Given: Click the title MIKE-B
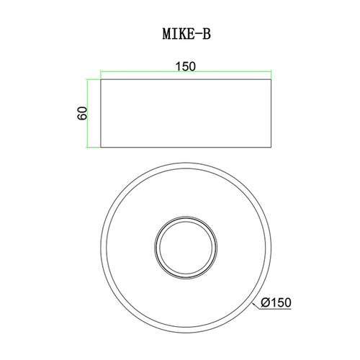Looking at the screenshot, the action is click(186, 34).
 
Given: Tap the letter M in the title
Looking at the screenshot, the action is click(167, 34).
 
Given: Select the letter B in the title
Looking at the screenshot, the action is click(207, 34).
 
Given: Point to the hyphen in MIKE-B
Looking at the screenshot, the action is click(197, 34).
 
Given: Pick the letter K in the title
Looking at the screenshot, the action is click(183, 34).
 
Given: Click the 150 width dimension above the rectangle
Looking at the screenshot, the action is click(186, 66).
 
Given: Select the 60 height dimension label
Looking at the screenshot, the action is click(82, 113).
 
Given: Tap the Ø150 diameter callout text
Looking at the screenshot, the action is click(276, 302).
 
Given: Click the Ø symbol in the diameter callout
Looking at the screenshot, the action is click(266, 302).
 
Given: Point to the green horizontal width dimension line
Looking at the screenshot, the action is click(186, 71).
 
